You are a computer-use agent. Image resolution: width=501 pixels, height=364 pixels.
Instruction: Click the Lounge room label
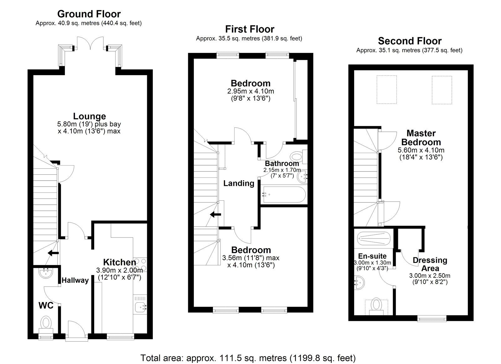[89, 116]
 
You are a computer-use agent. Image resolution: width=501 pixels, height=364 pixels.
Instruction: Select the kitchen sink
[140, 307]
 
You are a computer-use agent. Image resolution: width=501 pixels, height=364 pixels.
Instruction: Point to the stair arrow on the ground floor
[53, 253]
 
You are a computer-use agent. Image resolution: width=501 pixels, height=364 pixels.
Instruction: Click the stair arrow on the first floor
[215, 215]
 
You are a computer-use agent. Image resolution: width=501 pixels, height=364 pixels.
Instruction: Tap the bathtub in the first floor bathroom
[283, 194]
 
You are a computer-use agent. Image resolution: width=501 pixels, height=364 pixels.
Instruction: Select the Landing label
[239, 183]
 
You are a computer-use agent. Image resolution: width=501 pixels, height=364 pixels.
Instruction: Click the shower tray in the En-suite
[373, 238]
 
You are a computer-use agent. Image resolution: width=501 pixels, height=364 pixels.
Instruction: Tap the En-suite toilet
[376, 305]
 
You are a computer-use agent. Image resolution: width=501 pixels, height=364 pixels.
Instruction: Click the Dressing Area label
[430, 264]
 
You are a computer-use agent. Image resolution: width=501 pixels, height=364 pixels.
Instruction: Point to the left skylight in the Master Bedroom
[386, 90]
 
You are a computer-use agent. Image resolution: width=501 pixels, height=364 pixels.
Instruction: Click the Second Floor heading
[410, 41]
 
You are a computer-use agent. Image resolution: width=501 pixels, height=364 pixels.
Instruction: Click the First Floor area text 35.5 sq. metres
[249, 38]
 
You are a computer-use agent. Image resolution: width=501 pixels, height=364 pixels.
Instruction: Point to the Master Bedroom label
[421, 138]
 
